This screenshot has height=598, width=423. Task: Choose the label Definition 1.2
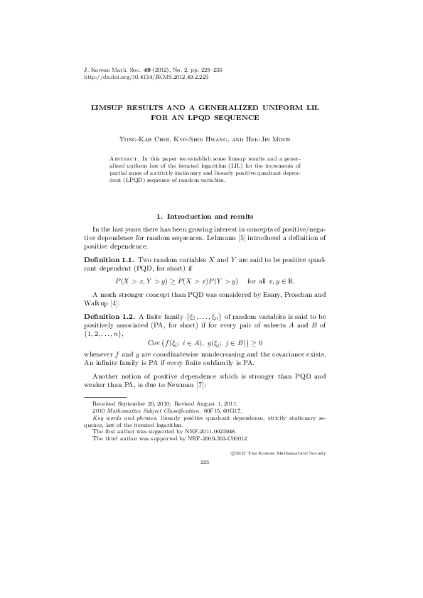[108, 315]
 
